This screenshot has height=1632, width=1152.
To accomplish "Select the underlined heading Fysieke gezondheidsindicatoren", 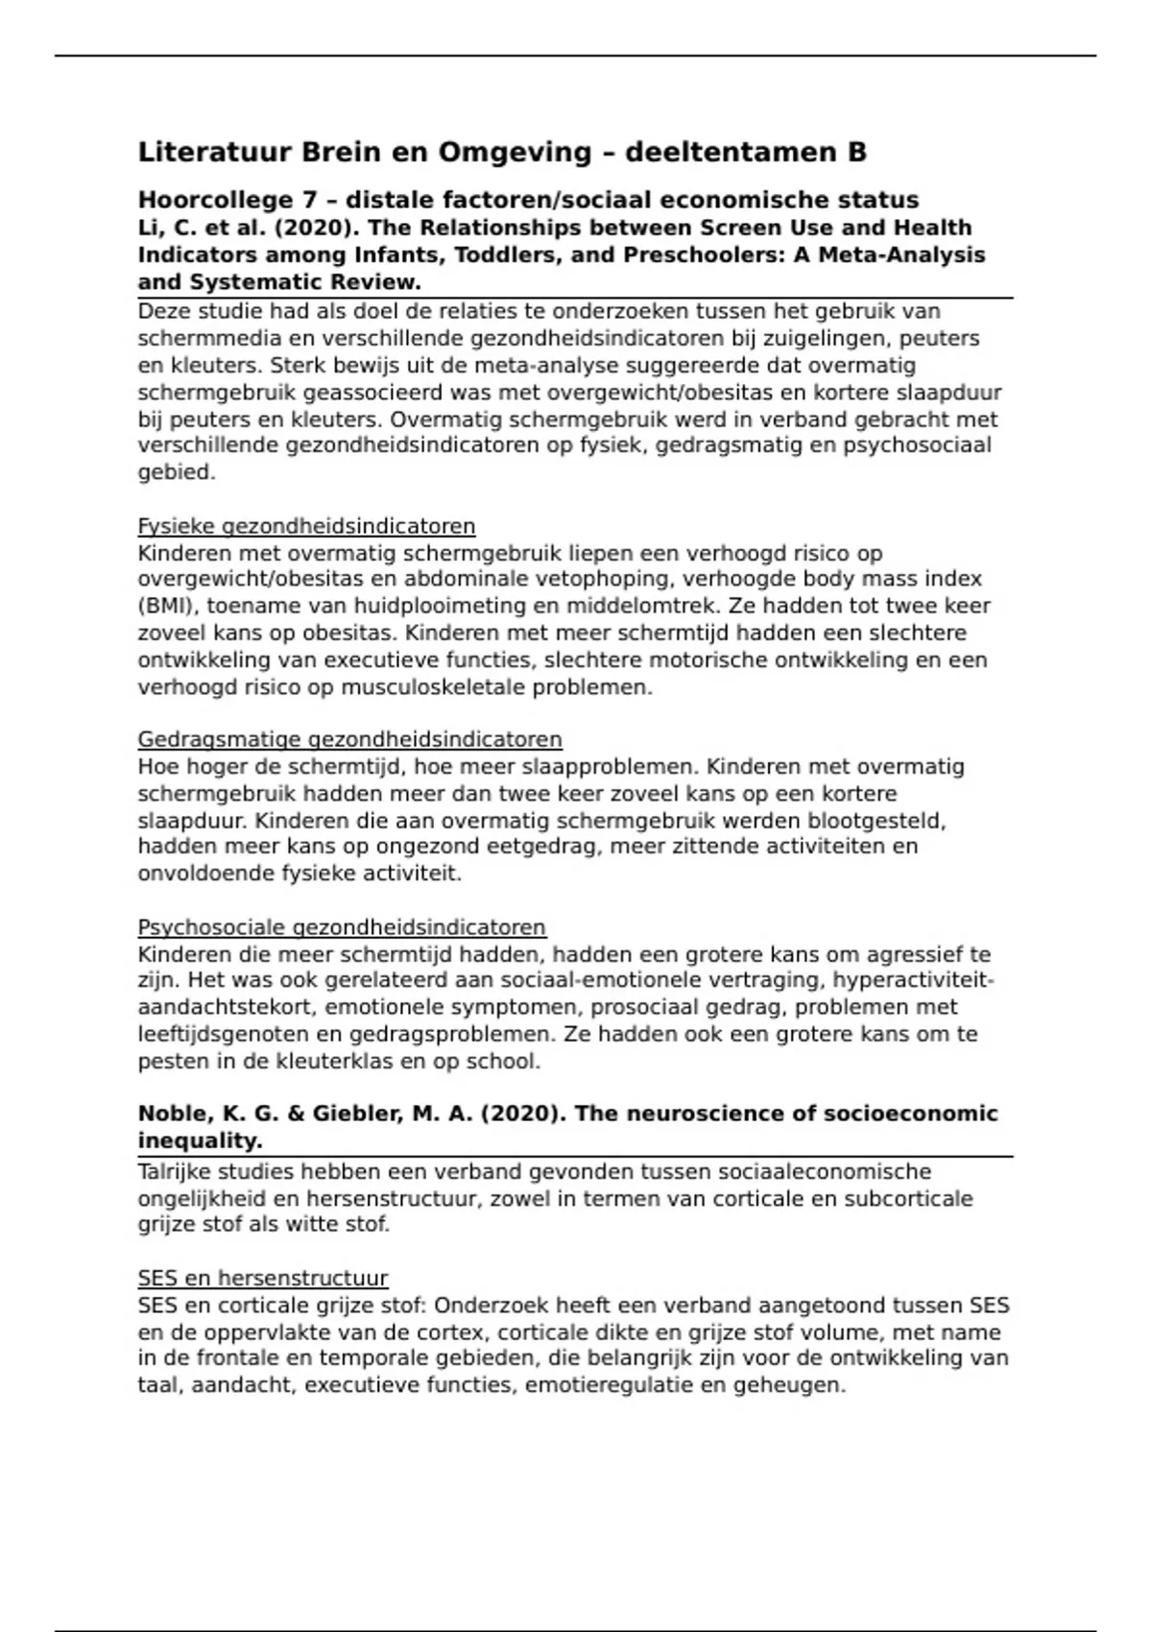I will tap(306, 526).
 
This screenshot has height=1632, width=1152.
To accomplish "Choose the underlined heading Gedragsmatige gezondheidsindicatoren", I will tap(349, 740).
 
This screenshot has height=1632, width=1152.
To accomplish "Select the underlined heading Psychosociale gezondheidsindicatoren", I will tap(342, 928).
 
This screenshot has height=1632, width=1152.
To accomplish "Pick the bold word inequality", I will tap(200, 1141).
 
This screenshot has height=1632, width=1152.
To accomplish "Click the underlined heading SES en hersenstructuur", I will tap(263, 1279).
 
